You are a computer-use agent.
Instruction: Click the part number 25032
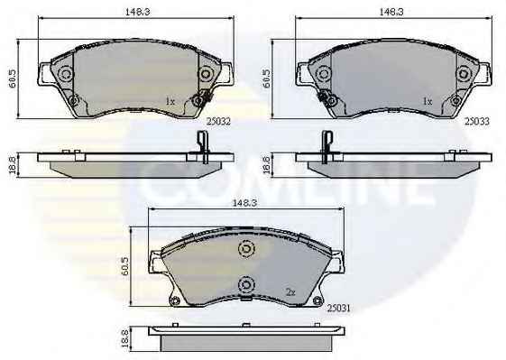coord(218,122)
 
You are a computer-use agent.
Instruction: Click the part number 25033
coord(477,122)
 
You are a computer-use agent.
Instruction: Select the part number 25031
coord(338,309)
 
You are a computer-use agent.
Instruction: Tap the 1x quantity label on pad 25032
coord(170,102)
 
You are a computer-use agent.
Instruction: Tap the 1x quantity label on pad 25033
coord(428,102)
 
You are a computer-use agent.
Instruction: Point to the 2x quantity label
coord(290,292)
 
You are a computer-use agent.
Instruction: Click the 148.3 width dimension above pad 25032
coord(137,12)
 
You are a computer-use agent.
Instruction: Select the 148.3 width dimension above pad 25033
coord(391,12)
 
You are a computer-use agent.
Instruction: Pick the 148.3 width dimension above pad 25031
coord(244,203)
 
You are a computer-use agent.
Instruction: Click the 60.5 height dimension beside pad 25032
coord(13,78)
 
